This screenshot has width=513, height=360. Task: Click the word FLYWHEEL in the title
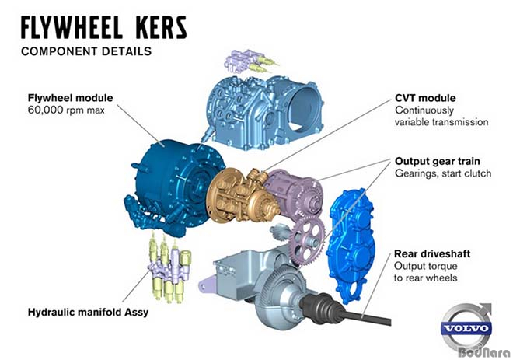click(72, 27)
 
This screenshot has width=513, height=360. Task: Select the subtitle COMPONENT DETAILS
click(86, 51)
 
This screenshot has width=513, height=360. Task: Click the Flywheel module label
click(70, 98)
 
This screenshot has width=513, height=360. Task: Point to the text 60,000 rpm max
click(66, 110)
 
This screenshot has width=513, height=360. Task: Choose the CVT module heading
click(425, 98)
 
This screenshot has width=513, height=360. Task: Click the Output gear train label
click(438, 161)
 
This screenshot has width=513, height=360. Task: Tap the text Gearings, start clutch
click(443, 173)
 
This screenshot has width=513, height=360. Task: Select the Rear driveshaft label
click(432, 254)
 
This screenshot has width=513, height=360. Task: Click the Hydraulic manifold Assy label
click(88, 313)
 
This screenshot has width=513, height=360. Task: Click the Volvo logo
click(466, 327)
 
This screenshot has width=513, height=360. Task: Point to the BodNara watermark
click(484, 352)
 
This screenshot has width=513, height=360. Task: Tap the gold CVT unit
click(242, 196)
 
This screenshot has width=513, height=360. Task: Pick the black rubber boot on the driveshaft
click(319, 308)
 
